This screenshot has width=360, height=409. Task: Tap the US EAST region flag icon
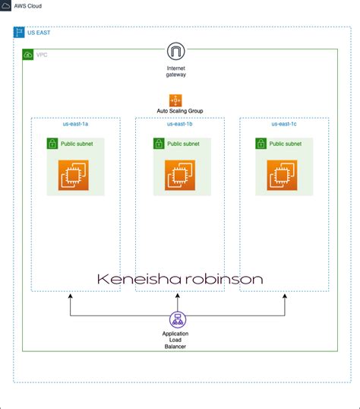(x=19, y=33)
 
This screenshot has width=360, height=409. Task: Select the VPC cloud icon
(x=28, y=55)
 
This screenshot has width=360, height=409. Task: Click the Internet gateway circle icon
(x=176, y=52)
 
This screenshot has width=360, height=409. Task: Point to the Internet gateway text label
(x=176, y=71)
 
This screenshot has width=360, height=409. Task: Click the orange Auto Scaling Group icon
(x=175, y=100)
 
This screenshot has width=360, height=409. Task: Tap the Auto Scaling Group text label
(x=175, y=112)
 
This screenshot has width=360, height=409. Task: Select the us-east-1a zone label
(x=74, y=124)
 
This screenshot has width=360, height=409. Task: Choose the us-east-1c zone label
(x=283, y=124)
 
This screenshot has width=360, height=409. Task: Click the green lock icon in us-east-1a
(x=53, y=143)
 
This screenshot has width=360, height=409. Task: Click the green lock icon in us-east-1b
(x=157, y=143)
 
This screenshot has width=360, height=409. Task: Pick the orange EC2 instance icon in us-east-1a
(x=75, y=176)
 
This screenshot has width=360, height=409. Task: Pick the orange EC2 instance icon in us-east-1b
(x=179, y=176)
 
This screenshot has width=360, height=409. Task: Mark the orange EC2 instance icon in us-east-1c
(x=282, y=176)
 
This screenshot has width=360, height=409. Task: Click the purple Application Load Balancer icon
(x=175, y=320)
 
